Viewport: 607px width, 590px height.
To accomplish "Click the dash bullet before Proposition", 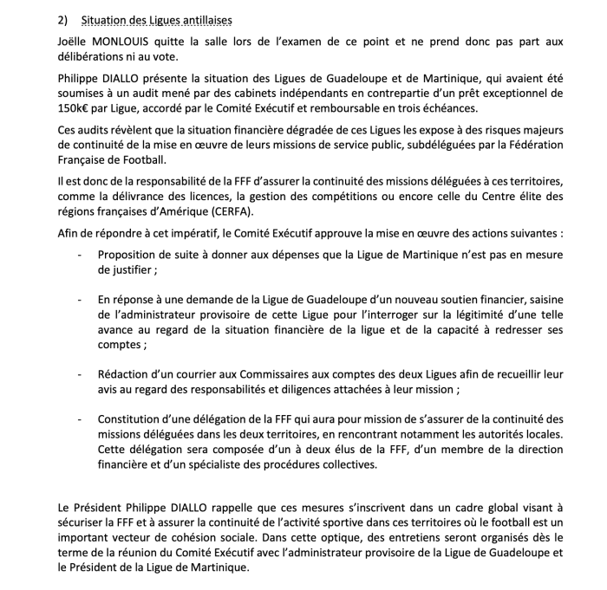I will (81, 255).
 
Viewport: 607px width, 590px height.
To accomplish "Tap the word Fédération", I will (531, 145).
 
